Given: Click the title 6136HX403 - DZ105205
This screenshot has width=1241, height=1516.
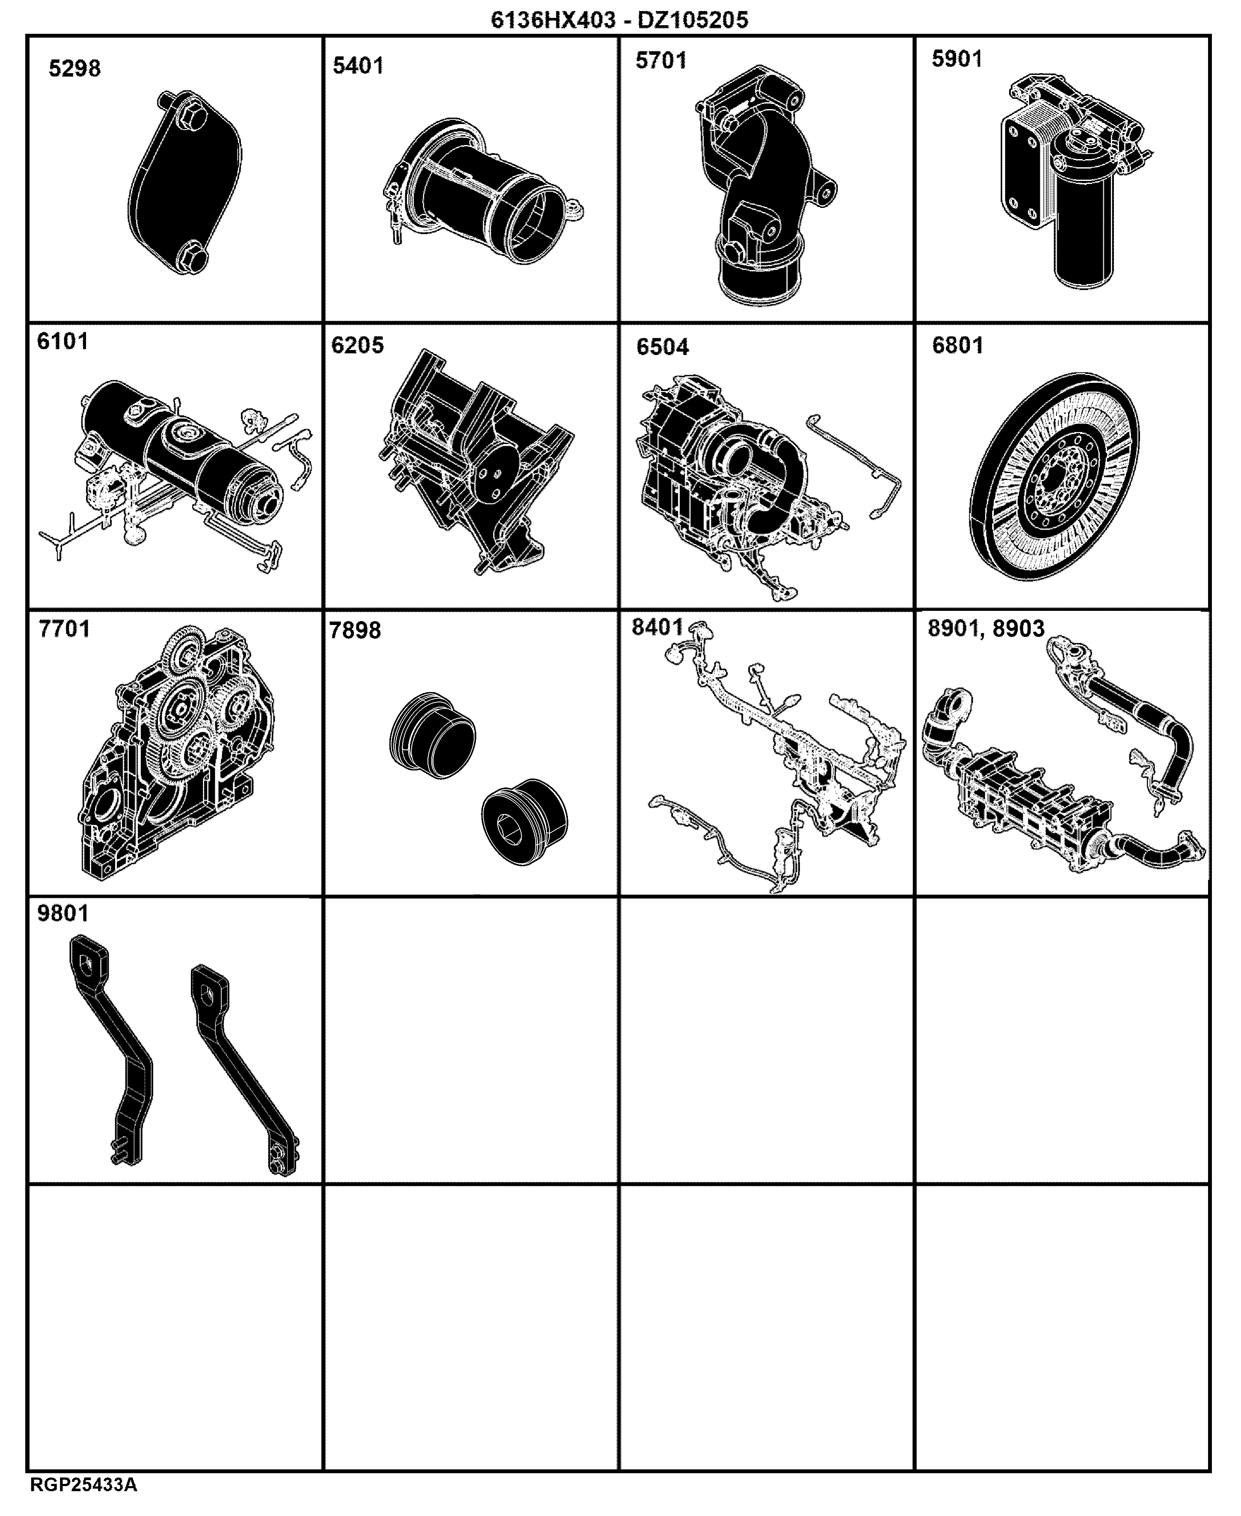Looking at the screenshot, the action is [x=620, y=19].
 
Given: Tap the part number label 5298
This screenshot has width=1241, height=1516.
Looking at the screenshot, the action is [x=74, y=68].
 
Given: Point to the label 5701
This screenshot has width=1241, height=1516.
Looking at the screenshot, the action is [x=661, y=61].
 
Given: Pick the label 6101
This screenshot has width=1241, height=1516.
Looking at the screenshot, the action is [x=63, y=341].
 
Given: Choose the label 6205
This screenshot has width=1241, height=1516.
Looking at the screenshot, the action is [x=357, y=345].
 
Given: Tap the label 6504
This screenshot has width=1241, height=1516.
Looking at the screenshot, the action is [x=663, y=347].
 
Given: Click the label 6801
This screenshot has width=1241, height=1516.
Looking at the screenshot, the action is [x=958, y=345].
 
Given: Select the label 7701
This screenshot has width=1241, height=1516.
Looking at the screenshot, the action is [x=64, y=629].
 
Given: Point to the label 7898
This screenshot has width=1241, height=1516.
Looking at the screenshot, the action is [x=355, y=631].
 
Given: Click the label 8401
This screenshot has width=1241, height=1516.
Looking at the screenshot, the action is [x=658, y=627].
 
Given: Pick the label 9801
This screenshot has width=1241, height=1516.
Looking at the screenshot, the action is [x=63, y=913].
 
